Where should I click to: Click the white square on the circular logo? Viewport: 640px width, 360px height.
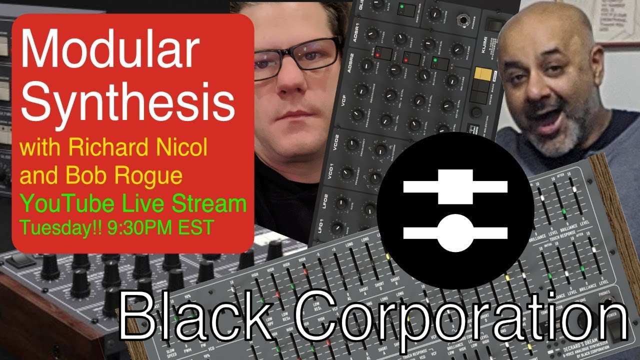coord(455,186)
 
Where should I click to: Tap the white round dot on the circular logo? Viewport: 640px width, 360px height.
coord(455,233)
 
